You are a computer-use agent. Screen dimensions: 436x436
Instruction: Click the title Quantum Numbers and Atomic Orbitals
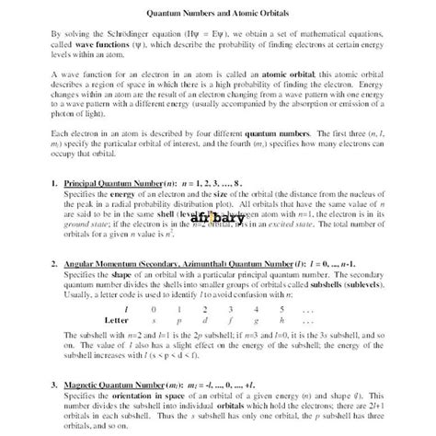(x=218, y=12)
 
